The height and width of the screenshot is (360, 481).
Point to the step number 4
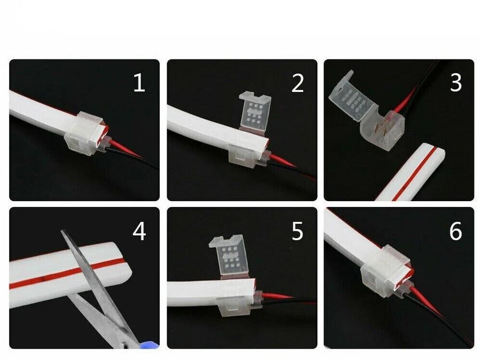(139, 232)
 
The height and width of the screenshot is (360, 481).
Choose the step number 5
(297, 232)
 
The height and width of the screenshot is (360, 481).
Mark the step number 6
(455, 232)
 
